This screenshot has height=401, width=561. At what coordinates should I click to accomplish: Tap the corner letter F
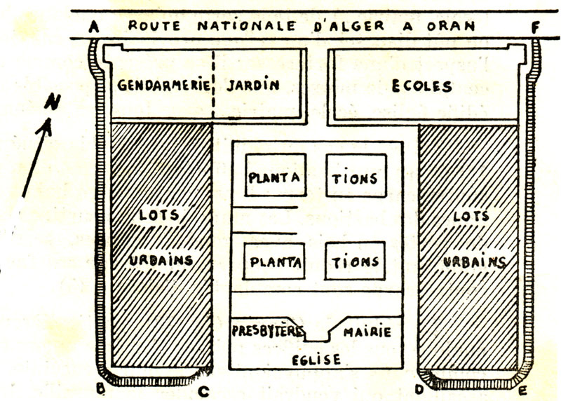click(x=536, y=28)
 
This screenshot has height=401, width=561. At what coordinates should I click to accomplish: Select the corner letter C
click(x=204, y=390)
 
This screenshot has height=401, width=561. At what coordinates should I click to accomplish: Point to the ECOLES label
click(x=421, y=87)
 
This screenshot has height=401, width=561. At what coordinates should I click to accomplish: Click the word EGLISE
click(x=316, y=360)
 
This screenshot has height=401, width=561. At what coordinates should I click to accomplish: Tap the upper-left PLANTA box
click(x=275, y=176)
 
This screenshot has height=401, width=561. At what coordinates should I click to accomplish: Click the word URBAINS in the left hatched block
click(x=161, y=260)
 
